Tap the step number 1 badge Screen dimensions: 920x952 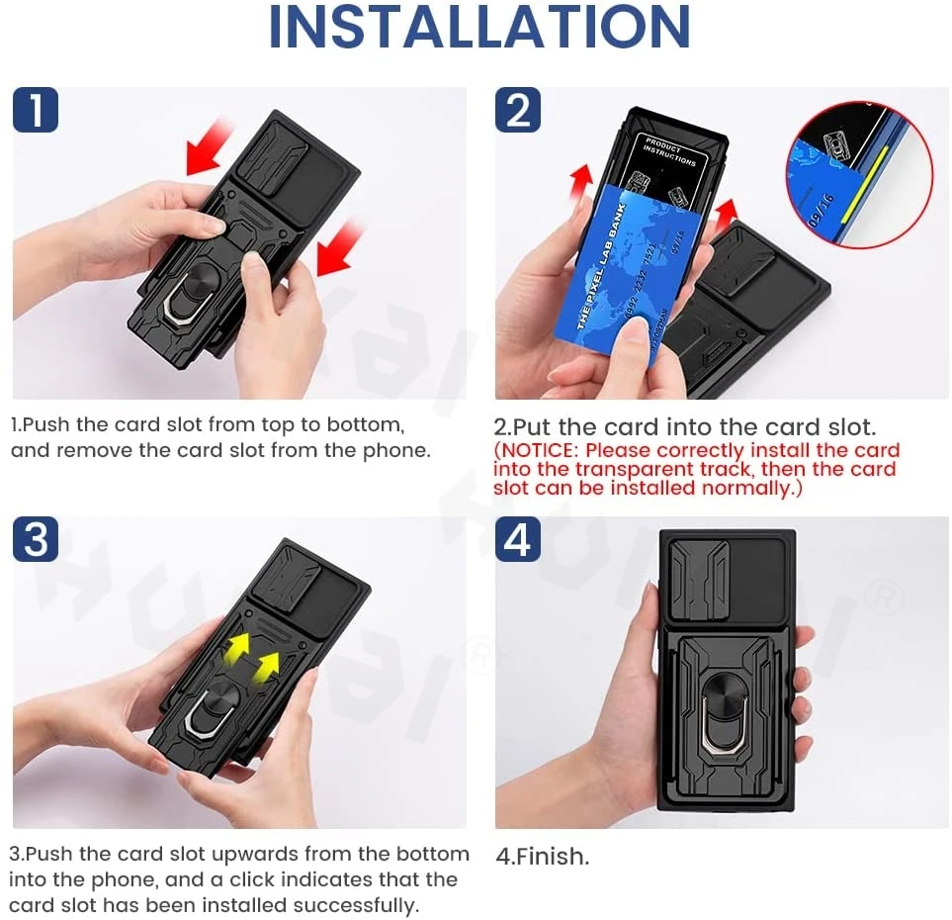(x=36, y=110)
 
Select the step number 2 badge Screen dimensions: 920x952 (x=518, y=110)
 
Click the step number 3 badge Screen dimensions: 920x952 (x=36, y=540)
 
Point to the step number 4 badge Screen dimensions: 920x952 (x=518, y=540)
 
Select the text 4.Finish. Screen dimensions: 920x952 (x=542, y=857)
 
